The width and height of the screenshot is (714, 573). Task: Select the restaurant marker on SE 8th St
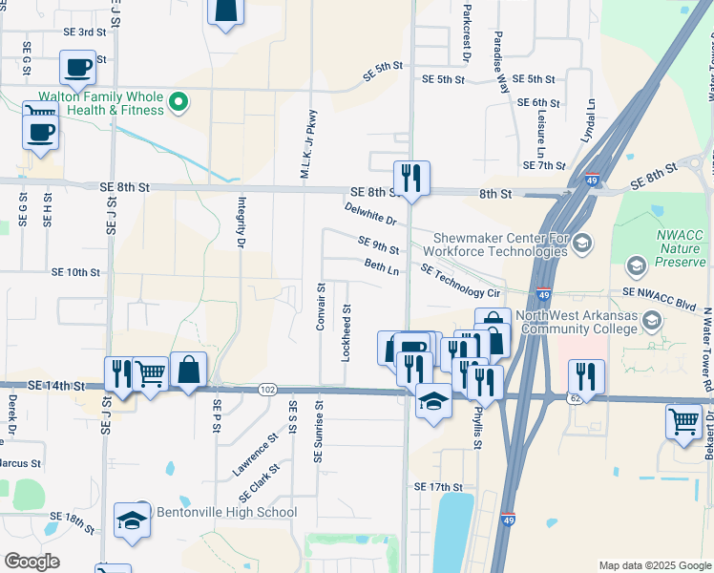pos(411,178)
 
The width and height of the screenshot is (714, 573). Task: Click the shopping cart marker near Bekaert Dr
pos(684,420)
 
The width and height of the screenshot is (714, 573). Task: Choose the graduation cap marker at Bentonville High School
pos(133,520)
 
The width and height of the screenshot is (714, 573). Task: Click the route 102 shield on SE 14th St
pos(268,389)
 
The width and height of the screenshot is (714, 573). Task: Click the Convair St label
pos(322,306)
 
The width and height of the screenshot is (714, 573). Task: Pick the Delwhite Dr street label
pos(370,214)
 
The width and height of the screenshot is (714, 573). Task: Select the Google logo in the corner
pos(31,562)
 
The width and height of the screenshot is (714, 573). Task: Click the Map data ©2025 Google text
pos(655,565)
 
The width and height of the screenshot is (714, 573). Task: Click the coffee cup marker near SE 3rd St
pos(78,68)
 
